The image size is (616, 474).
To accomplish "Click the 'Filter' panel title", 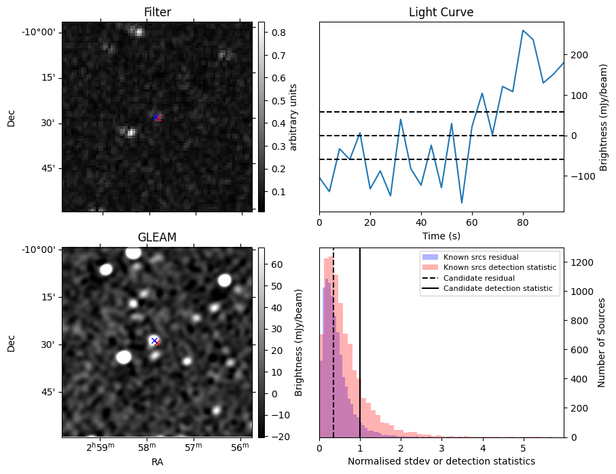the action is click(x=158, y=12).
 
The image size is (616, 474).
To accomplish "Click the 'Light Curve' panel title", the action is click(x=441, y=12).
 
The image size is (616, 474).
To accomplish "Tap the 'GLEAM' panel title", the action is click(x=157, y=237).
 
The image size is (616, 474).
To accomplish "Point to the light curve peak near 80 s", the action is click(x=523, y=31).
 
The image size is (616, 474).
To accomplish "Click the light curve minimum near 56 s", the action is click(x=462, y=203).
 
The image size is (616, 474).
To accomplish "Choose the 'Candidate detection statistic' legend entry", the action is click(x=487, y=288).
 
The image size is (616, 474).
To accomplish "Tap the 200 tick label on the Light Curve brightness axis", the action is click(x=579, y=56).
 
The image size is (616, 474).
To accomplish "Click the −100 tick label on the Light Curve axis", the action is click(x=583, y=176).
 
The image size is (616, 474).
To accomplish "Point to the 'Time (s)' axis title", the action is click(x=441, y=236).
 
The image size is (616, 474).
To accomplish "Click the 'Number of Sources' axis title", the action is click(x=602, y=342).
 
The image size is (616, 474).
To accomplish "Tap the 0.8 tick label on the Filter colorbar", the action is click(x=278, y=33).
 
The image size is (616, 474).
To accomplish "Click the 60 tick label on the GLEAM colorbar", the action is click(x=277, y=265).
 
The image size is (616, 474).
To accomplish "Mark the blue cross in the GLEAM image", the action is click(x=154, y=340).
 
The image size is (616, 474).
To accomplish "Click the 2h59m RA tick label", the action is click(x=101, y=447).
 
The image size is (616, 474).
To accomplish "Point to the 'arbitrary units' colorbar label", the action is click(x=293, y=117).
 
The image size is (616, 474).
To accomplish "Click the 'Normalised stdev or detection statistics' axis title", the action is click(x=441, y=461).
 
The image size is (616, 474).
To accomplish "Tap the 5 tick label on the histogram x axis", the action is click(x=523, y=448).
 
